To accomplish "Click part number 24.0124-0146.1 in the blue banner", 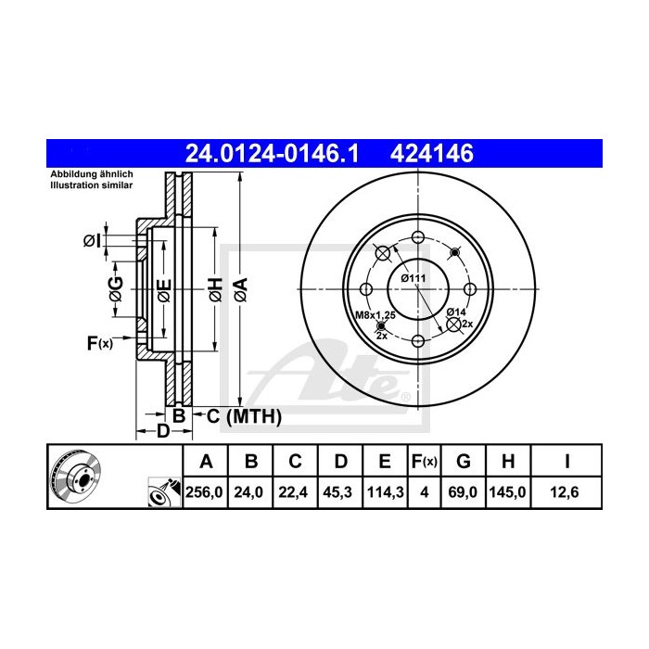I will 272,153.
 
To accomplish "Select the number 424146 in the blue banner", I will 434,153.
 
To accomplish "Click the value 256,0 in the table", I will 206,493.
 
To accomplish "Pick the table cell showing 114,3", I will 384,493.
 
